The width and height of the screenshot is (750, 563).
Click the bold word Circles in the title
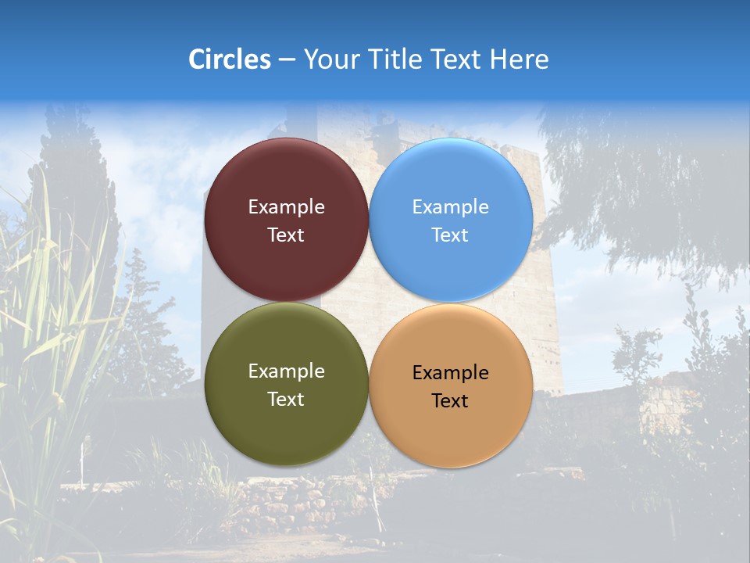pos(229,59)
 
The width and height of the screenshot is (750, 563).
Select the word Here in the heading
pos(520,59)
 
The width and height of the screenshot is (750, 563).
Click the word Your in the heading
pos(331,59)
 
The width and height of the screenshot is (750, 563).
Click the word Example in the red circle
pos(286,207)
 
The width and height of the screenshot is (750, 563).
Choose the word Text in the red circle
pos(286,235)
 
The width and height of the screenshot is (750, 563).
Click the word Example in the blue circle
pos(450,207)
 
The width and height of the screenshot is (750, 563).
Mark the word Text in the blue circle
pos(450,235)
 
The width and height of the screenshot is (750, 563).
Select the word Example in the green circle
pos(286,371)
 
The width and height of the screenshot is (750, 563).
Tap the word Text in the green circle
pos(286,400)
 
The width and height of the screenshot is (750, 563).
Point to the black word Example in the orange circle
pos(450,373)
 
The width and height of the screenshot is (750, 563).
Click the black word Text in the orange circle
pos(450,401)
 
